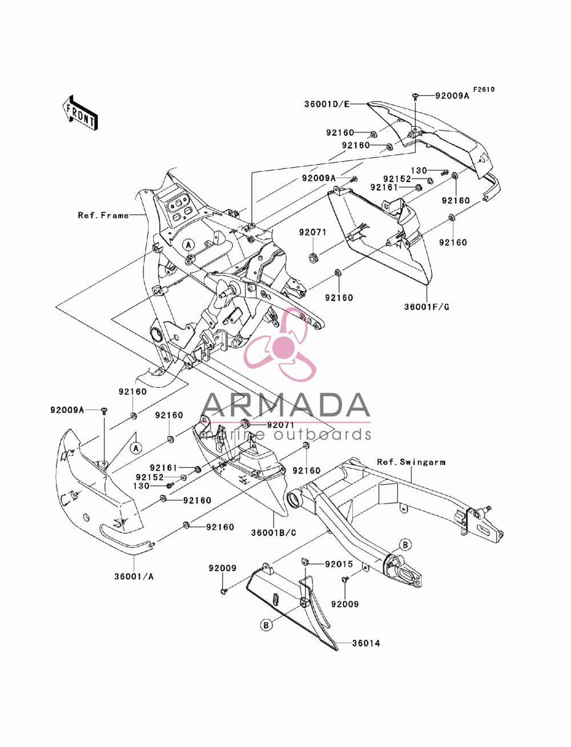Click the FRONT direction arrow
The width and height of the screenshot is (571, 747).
coord(80,113)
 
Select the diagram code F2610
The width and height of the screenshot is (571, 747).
coord(484,90)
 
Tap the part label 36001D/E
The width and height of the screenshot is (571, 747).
coord(327,104)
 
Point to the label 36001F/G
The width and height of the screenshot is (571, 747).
coord(427,307)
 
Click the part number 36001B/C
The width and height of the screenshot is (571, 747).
coord(274,533)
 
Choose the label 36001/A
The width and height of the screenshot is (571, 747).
coord(134,576)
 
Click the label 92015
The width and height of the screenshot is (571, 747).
coord(339,564)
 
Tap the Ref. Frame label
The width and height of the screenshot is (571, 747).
coord(103,215)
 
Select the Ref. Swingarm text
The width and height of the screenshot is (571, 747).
coord(411,462)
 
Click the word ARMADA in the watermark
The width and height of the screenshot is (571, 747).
coord(285,405)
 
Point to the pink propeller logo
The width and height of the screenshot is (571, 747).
coord(280,345)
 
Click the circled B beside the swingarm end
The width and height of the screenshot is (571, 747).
coord(405,545)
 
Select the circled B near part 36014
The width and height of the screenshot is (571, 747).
coord(266,625)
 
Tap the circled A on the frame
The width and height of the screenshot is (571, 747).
coord(188,244)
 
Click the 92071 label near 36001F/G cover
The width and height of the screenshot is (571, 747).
coord(313,232)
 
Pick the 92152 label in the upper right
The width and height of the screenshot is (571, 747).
coord(397,179)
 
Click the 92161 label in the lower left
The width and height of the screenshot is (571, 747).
coord(164,469)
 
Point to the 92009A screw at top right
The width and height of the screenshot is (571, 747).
coord(415,96)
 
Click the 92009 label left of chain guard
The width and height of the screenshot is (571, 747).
coord(223,568)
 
